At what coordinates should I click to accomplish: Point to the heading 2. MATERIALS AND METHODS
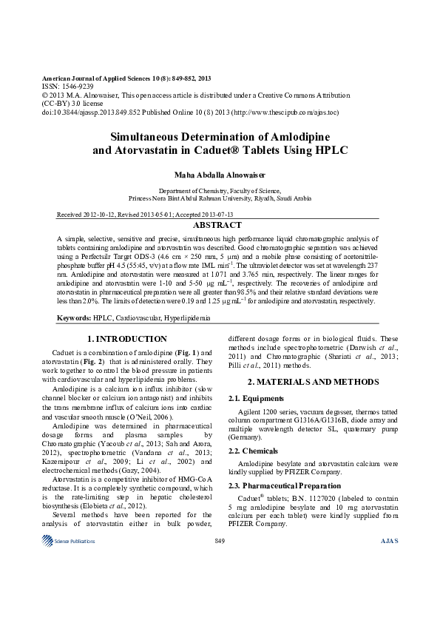[x=313, y=381]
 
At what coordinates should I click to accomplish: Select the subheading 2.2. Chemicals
[x=255, y=450]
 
